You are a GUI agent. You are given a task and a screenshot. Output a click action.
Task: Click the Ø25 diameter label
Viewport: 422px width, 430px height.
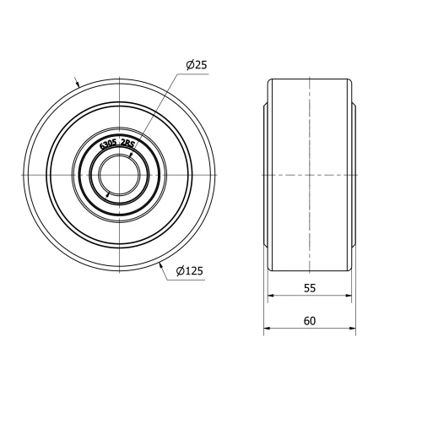coord(196,65)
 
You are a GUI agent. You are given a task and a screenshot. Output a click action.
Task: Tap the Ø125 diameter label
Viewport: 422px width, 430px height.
coord(189,271)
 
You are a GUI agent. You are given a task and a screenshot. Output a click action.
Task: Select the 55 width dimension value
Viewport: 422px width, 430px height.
coord(310,287)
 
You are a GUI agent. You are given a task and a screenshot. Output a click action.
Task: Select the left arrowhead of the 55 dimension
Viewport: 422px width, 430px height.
coord(272,295)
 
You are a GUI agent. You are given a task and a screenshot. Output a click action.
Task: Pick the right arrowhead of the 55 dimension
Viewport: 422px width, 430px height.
coord(348,295)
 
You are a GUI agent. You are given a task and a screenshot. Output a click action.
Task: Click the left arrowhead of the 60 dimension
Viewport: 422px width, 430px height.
coord(268,328)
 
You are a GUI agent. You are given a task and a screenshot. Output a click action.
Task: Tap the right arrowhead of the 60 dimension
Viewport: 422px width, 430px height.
coord(352,328)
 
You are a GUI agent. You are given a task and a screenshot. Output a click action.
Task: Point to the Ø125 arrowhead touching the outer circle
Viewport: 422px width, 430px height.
coord(160,264)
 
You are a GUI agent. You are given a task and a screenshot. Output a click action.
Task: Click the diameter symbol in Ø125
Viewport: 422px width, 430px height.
coord(181,271)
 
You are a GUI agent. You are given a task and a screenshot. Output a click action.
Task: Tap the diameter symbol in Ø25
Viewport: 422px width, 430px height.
coord(190,65)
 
